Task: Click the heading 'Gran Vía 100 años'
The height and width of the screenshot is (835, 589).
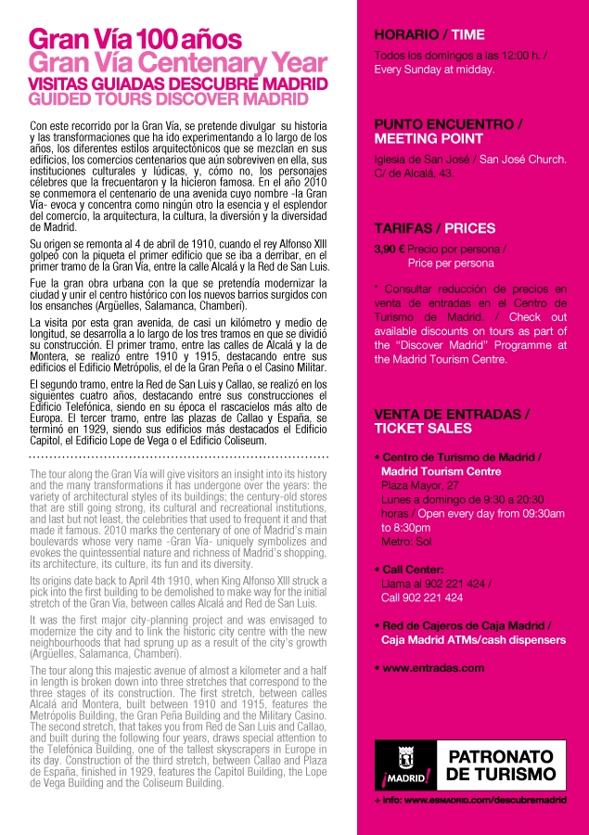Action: point(135,39)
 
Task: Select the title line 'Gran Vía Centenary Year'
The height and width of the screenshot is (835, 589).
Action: point(178,63)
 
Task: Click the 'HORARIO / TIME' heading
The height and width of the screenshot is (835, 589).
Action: point(429,35)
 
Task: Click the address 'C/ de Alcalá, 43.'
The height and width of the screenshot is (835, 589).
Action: point(420,173)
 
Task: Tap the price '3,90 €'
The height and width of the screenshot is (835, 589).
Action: point(390,249)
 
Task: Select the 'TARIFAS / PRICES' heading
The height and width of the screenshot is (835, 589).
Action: point(434,227)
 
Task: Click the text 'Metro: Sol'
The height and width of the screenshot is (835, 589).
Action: point(409,541)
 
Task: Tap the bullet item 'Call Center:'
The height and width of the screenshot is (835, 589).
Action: point(412,569)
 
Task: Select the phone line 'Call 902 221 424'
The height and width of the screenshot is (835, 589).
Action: point(422,597)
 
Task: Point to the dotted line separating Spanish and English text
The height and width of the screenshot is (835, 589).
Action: point(179,458)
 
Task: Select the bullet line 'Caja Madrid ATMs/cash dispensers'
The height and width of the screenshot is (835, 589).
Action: point(473,639)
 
